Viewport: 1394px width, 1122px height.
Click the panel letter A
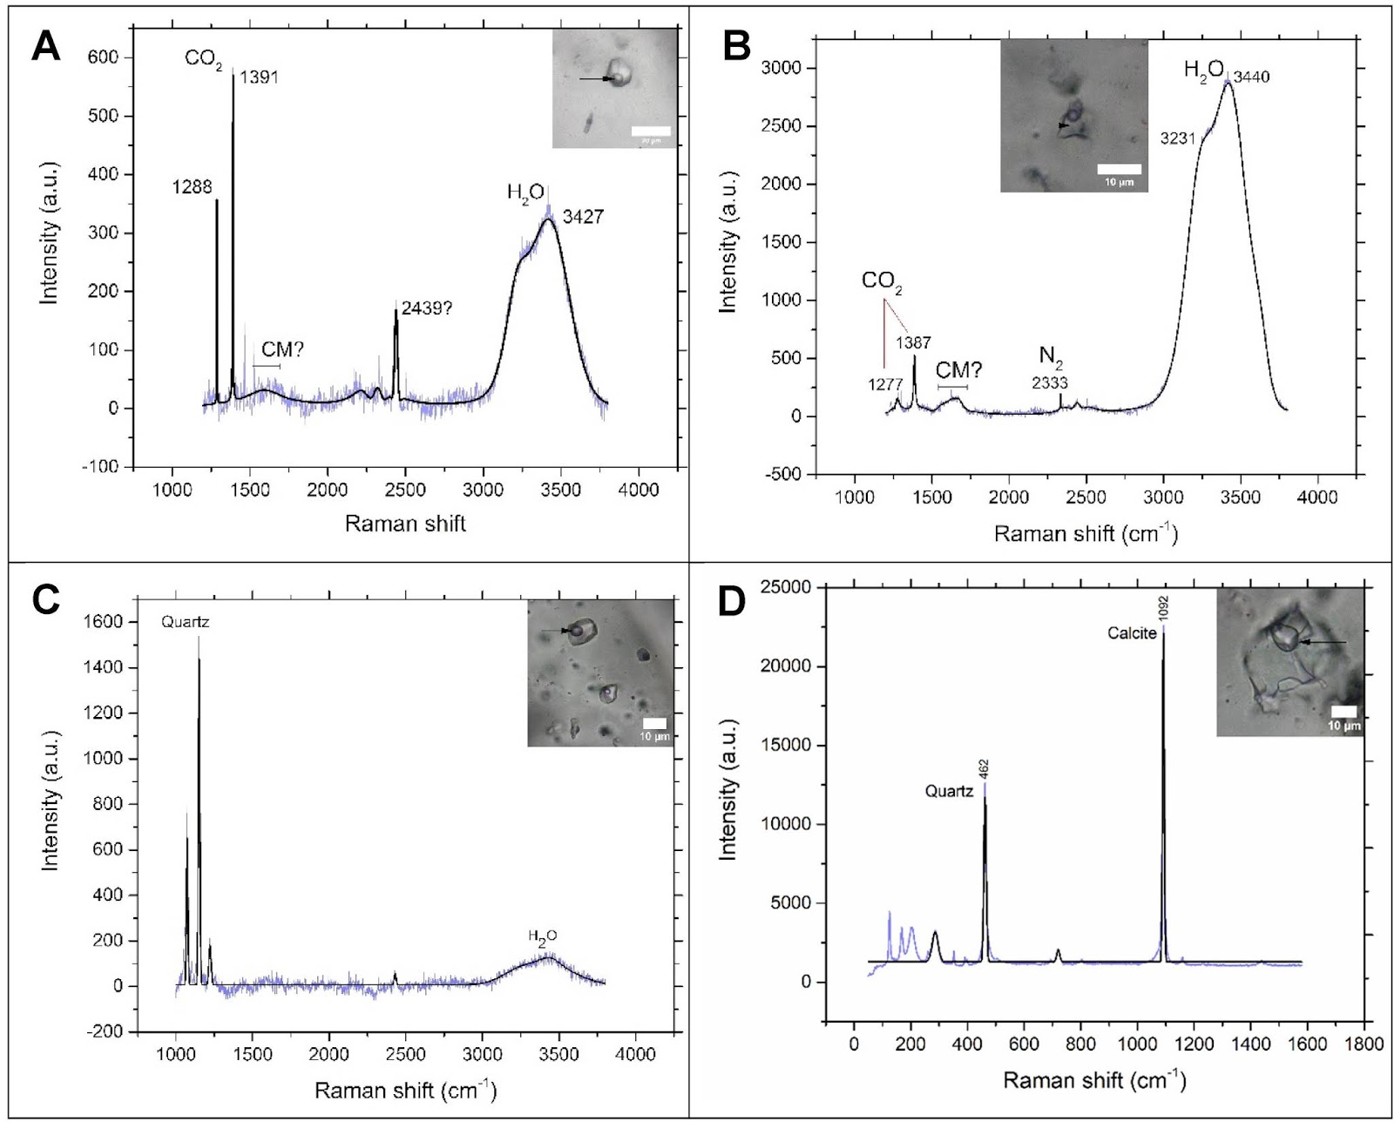click(45, 45)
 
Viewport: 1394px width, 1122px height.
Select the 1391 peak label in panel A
click(259, 78)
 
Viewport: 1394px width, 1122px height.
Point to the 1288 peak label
click(193, 186)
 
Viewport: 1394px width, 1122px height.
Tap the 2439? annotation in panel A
click(426, 308)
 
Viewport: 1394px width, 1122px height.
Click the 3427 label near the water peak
click(583, 218)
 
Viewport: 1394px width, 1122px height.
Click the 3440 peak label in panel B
click(1251, 78)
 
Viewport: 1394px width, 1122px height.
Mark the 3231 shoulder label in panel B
click(1177, 139)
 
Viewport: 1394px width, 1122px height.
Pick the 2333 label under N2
click(1050, 382)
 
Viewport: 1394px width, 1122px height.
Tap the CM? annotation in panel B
click(958, 370)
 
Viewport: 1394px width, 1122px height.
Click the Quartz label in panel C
click(186, 623)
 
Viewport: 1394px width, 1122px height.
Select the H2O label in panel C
click(542, 936)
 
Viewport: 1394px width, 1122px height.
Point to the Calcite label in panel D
click(1132, 633)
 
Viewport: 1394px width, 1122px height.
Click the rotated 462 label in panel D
click(985, 768)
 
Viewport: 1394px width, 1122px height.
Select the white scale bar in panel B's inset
click(1118, 168)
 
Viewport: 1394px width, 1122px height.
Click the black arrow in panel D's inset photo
click(1322, 643)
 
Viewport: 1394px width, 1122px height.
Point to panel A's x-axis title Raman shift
click(405, 524)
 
